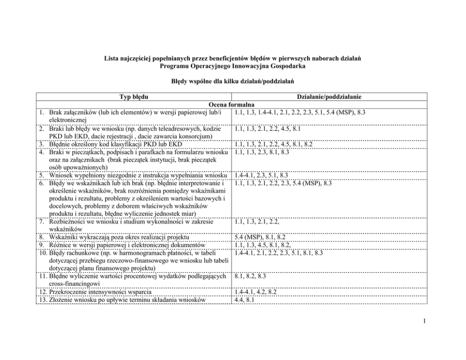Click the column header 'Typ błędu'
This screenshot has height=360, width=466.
tap(134, 97)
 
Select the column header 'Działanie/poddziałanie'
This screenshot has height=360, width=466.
tap(329, 97)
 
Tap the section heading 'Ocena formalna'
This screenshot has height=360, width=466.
tap(232, 105)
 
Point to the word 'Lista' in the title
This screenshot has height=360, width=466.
tap(112, 58)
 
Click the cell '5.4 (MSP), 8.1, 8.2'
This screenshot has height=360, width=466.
tap(260, 237)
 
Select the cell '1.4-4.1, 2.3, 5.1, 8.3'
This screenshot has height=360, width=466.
tap(261, 175)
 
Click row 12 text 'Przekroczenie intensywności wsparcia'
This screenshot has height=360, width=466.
tap(108, 291)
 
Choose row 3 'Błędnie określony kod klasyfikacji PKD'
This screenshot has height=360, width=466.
tap(116, 144)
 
